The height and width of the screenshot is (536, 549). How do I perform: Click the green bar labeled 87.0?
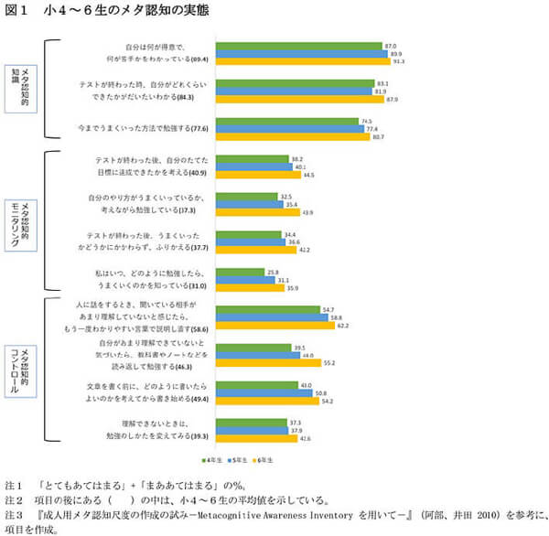[298, 45]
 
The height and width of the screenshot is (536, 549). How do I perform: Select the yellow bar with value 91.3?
[302, 60]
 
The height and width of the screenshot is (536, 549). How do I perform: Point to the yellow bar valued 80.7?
[292, 136]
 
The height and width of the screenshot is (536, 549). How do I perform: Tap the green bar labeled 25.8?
[240, 273]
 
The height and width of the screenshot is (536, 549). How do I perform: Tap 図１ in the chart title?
[18, 11]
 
